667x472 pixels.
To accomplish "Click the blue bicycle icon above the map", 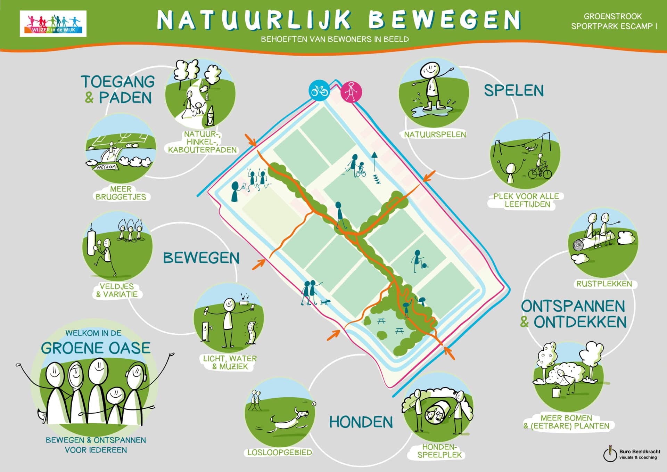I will click(x=319, y=91).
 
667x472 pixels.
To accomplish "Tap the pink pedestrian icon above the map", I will click(x=351, y=92).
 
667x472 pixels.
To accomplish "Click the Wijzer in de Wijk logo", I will click(x=53, y=24).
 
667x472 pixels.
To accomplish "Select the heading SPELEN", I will click(x=514, y=91).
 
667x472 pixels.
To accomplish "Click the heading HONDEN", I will click(x=361, y=422).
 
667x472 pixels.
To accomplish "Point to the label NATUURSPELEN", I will click(x=435, y=135).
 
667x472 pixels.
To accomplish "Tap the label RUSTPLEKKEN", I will click(x=604, y=284).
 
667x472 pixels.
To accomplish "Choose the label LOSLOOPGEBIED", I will click(x=279, y=453).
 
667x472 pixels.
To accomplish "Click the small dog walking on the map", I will click(x=325, y=302).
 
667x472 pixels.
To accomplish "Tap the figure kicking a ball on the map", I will click(x=417, y=261).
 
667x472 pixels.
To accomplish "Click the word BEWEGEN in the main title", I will click(x=444, y=20).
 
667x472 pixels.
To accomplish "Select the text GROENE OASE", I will click(x=96, y=348).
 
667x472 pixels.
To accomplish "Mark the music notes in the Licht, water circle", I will click(x=245, y=296).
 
